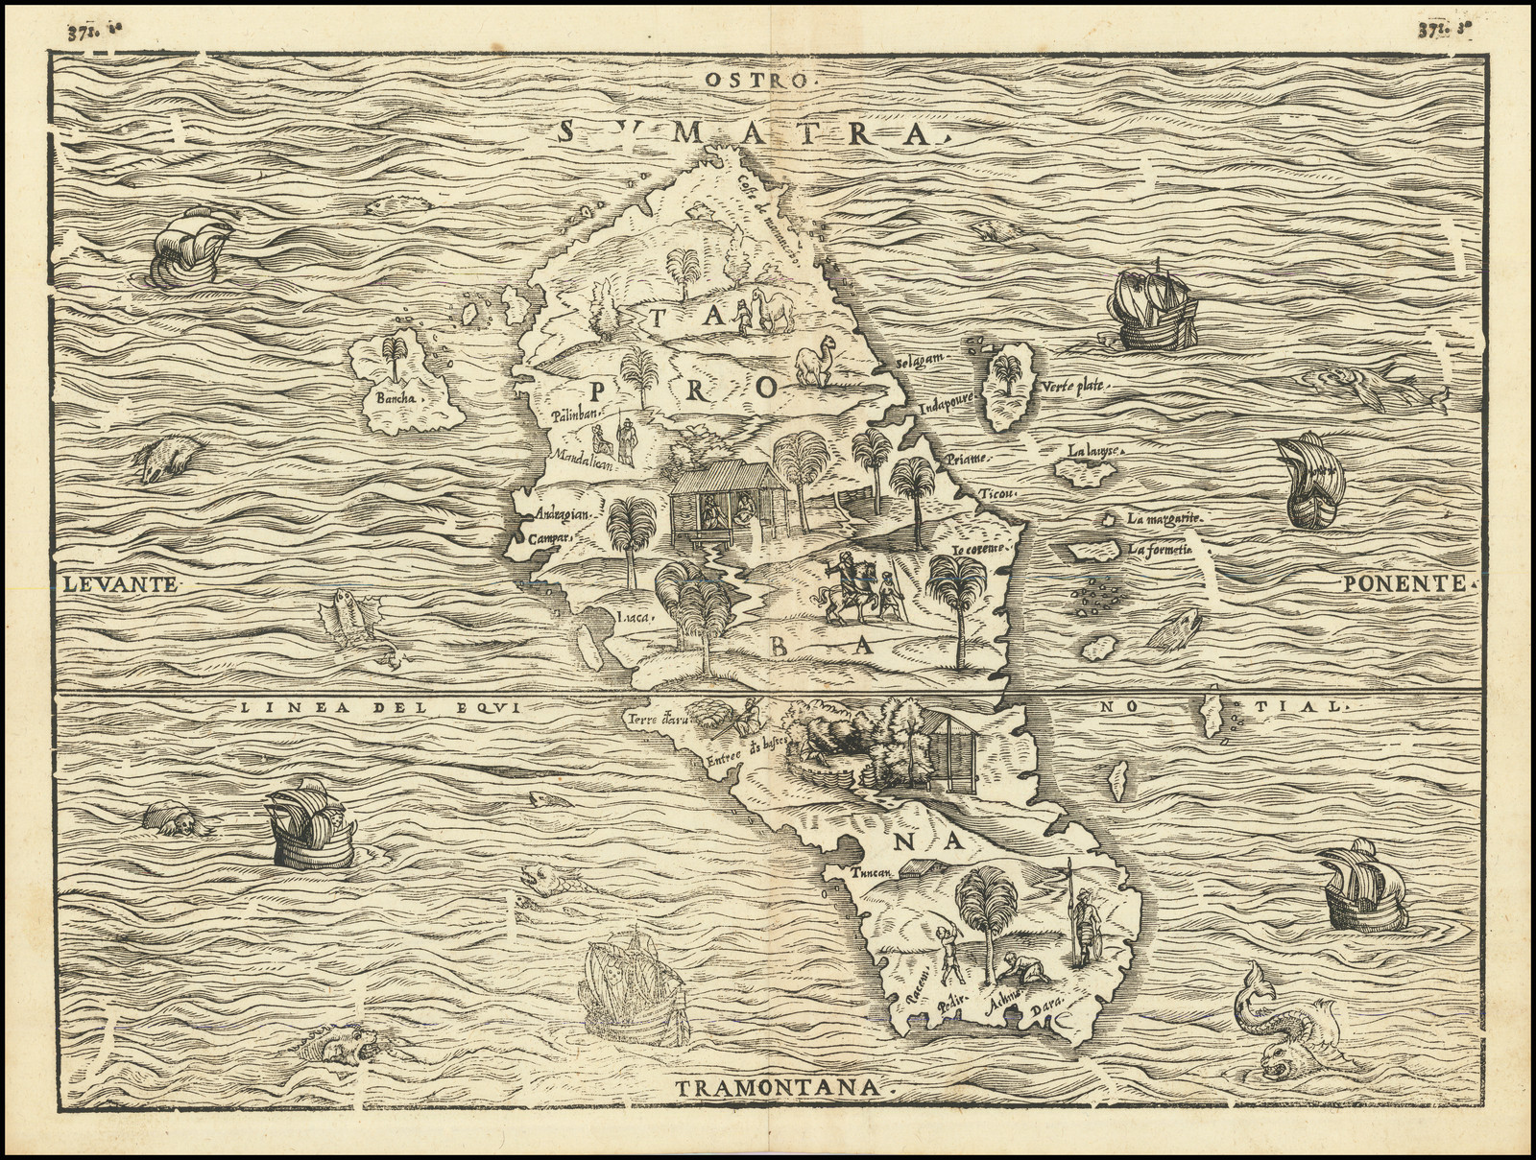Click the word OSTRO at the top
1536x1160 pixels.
click(x=757, y=80)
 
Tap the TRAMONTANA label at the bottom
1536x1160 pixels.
click(x=778, y=1087)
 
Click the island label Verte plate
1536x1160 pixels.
click(x=1073, y=387)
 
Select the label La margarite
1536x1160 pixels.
click(x=1164, y=518)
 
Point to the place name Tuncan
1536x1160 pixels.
click(x=871, y=872)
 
